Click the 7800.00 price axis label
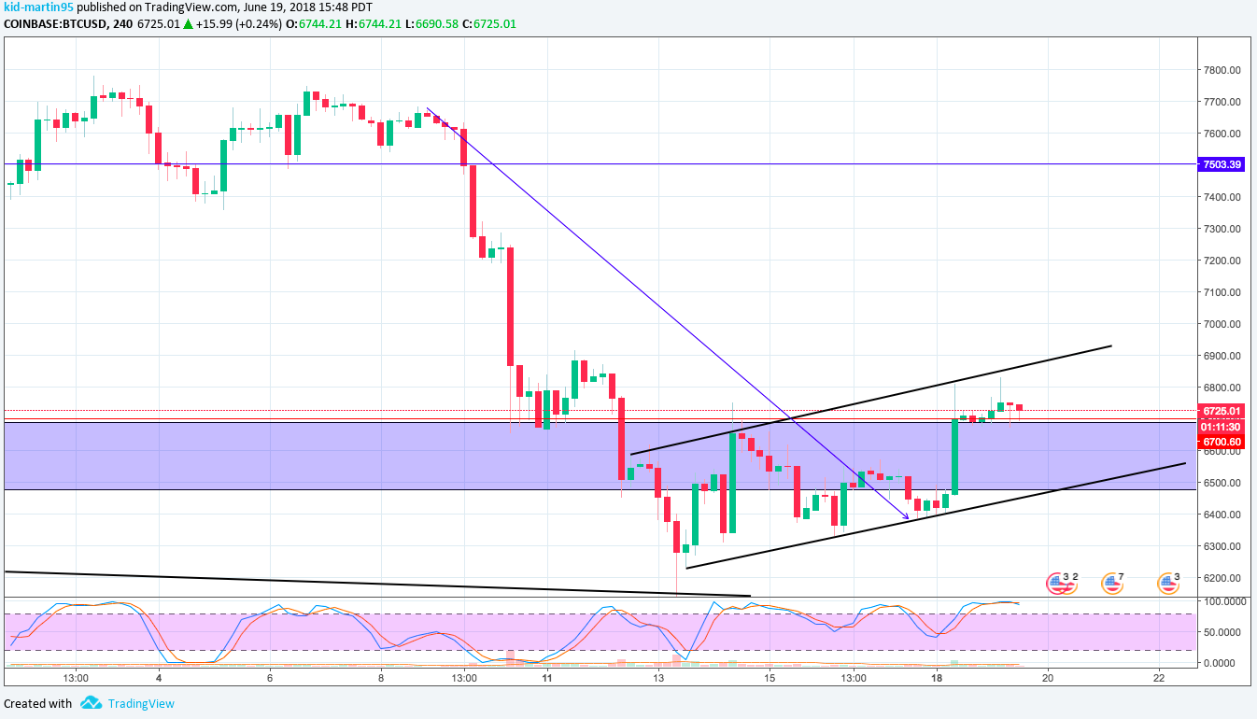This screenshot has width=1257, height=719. [1222, 70]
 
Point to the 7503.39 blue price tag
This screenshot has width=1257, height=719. [1222, 164]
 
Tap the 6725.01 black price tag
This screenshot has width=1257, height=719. [1222, 411]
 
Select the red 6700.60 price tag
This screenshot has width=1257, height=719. [1222, 442]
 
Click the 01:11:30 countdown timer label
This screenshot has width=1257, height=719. [1222, 427]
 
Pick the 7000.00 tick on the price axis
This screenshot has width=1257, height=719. [1222, 324]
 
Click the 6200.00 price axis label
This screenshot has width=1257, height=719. [1222, 578]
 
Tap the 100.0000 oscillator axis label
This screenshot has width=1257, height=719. [1222, 601]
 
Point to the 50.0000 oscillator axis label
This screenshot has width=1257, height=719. [1222, 632]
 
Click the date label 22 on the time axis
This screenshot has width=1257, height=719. [1158, 678]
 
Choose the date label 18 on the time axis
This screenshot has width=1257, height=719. [937, 678]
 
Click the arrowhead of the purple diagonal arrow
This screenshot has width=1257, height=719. [906, 516]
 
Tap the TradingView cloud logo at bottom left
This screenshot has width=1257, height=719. [91, 703]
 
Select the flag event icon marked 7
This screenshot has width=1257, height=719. [1110, 584]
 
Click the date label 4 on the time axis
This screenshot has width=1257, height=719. [159, 678]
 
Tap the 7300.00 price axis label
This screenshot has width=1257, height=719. [1222, 229]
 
